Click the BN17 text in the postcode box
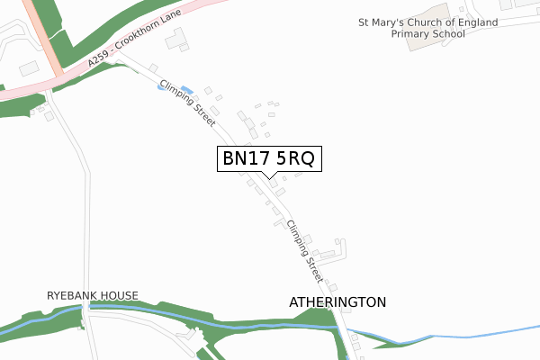[x=245, y=158]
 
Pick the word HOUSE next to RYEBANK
[x=121, y=295]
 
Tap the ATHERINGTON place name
[x=337, y=302]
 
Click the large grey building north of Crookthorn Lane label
[x=175, y=37]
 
